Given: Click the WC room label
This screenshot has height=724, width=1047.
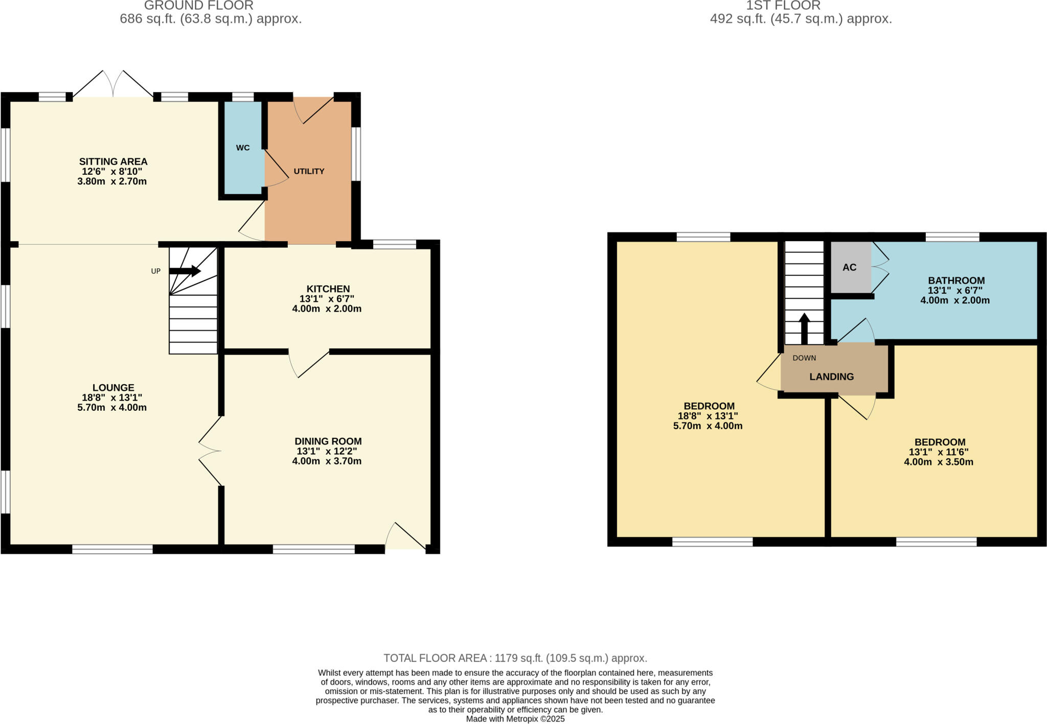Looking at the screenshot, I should click(243, 148).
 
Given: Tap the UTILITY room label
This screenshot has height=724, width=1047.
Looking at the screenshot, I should click(309, 171).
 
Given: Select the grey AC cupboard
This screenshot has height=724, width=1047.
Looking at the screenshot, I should click(850, 267).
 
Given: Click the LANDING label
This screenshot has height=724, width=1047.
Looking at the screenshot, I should click(831, 377).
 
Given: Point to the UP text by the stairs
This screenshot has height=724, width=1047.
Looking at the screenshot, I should click(156, 271).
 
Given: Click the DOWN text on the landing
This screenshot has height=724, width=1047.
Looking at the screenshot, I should click(804, 358).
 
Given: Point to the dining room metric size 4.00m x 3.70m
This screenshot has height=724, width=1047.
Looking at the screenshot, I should click(327, 461).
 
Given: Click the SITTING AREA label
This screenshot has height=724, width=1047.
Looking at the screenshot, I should click(113, 161).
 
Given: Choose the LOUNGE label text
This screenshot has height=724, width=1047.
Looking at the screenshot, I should click(113, 388).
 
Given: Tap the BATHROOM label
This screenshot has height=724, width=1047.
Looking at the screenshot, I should click(956, 281).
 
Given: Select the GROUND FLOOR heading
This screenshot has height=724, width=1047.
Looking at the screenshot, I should click(199, 6).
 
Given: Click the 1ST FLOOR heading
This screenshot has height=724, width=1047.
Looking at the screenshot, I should click(783, 6).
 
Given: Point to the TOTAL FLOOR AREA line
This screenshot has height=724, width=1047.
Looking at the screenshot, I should click(515, 658).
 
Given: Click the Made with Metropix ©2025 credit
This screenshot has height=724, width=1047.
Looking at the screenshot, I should click(515, 719).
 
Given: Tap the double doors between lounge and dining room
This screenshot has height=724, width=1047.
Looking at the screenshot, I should click(210, 451).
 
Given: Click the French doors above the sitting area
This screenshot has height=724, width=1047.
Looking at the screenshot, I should click(113, 83).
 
